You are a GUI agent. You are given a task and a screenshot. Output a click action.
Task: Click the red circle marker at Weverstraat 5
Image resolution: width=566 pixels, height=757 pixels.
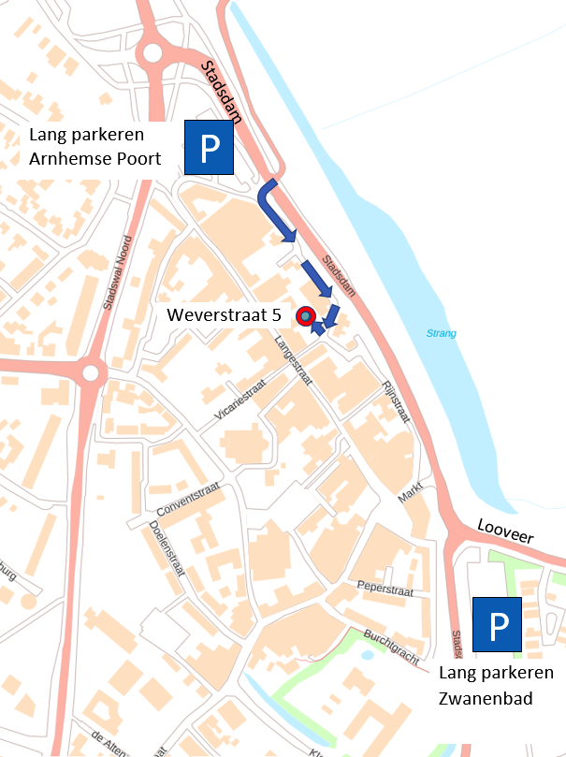(x=305, y=316)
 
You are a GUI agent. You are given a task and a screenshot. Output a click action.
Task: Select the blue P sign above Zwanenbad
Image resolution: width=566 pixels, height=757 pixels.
(x=496, y=624)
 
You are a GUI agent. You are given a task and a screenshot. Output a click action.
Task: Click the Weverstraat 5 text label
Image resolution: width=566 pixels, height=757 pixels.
(x=225, y=315)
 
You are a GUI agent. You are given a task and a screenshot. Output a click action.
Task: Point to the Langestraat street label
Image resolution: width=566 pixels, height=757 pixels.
(x=293, y=359)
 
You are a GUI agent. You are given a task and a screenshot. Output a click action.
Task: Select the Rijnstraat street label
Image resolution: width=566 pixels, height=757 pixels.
(x=398, y=400)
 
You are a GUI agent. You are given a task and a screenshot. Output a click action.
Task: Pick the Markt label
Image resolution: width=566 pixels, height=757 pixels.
(x=411, y=493)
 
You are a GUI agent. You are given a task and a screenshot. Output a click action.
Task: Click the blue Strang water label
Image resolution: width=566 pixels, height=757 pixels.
(x=441, y=333)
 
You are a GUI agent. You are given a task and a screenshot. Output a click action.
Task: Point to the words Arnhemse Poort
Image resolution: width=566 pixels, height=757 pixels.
(x=95, y=158)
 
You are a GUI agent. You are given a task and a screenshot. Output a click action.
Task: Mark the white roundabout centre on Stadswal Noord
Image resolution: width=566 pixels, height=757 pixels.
(x=91, y=374)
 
